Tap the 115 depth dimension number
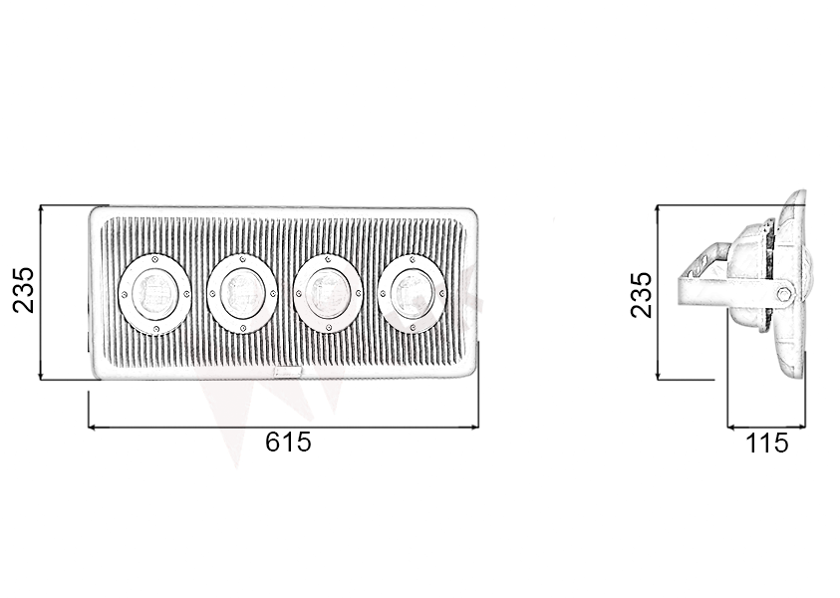pos(767,443)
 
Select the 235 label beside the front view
pos(23,290)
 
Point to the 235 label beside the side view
pos(642,294)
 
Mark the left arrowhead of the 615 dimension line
pos(94,427)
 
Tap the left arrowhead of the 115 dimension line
pos(732,427)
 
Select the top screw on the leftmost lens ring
pos(154,258)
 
